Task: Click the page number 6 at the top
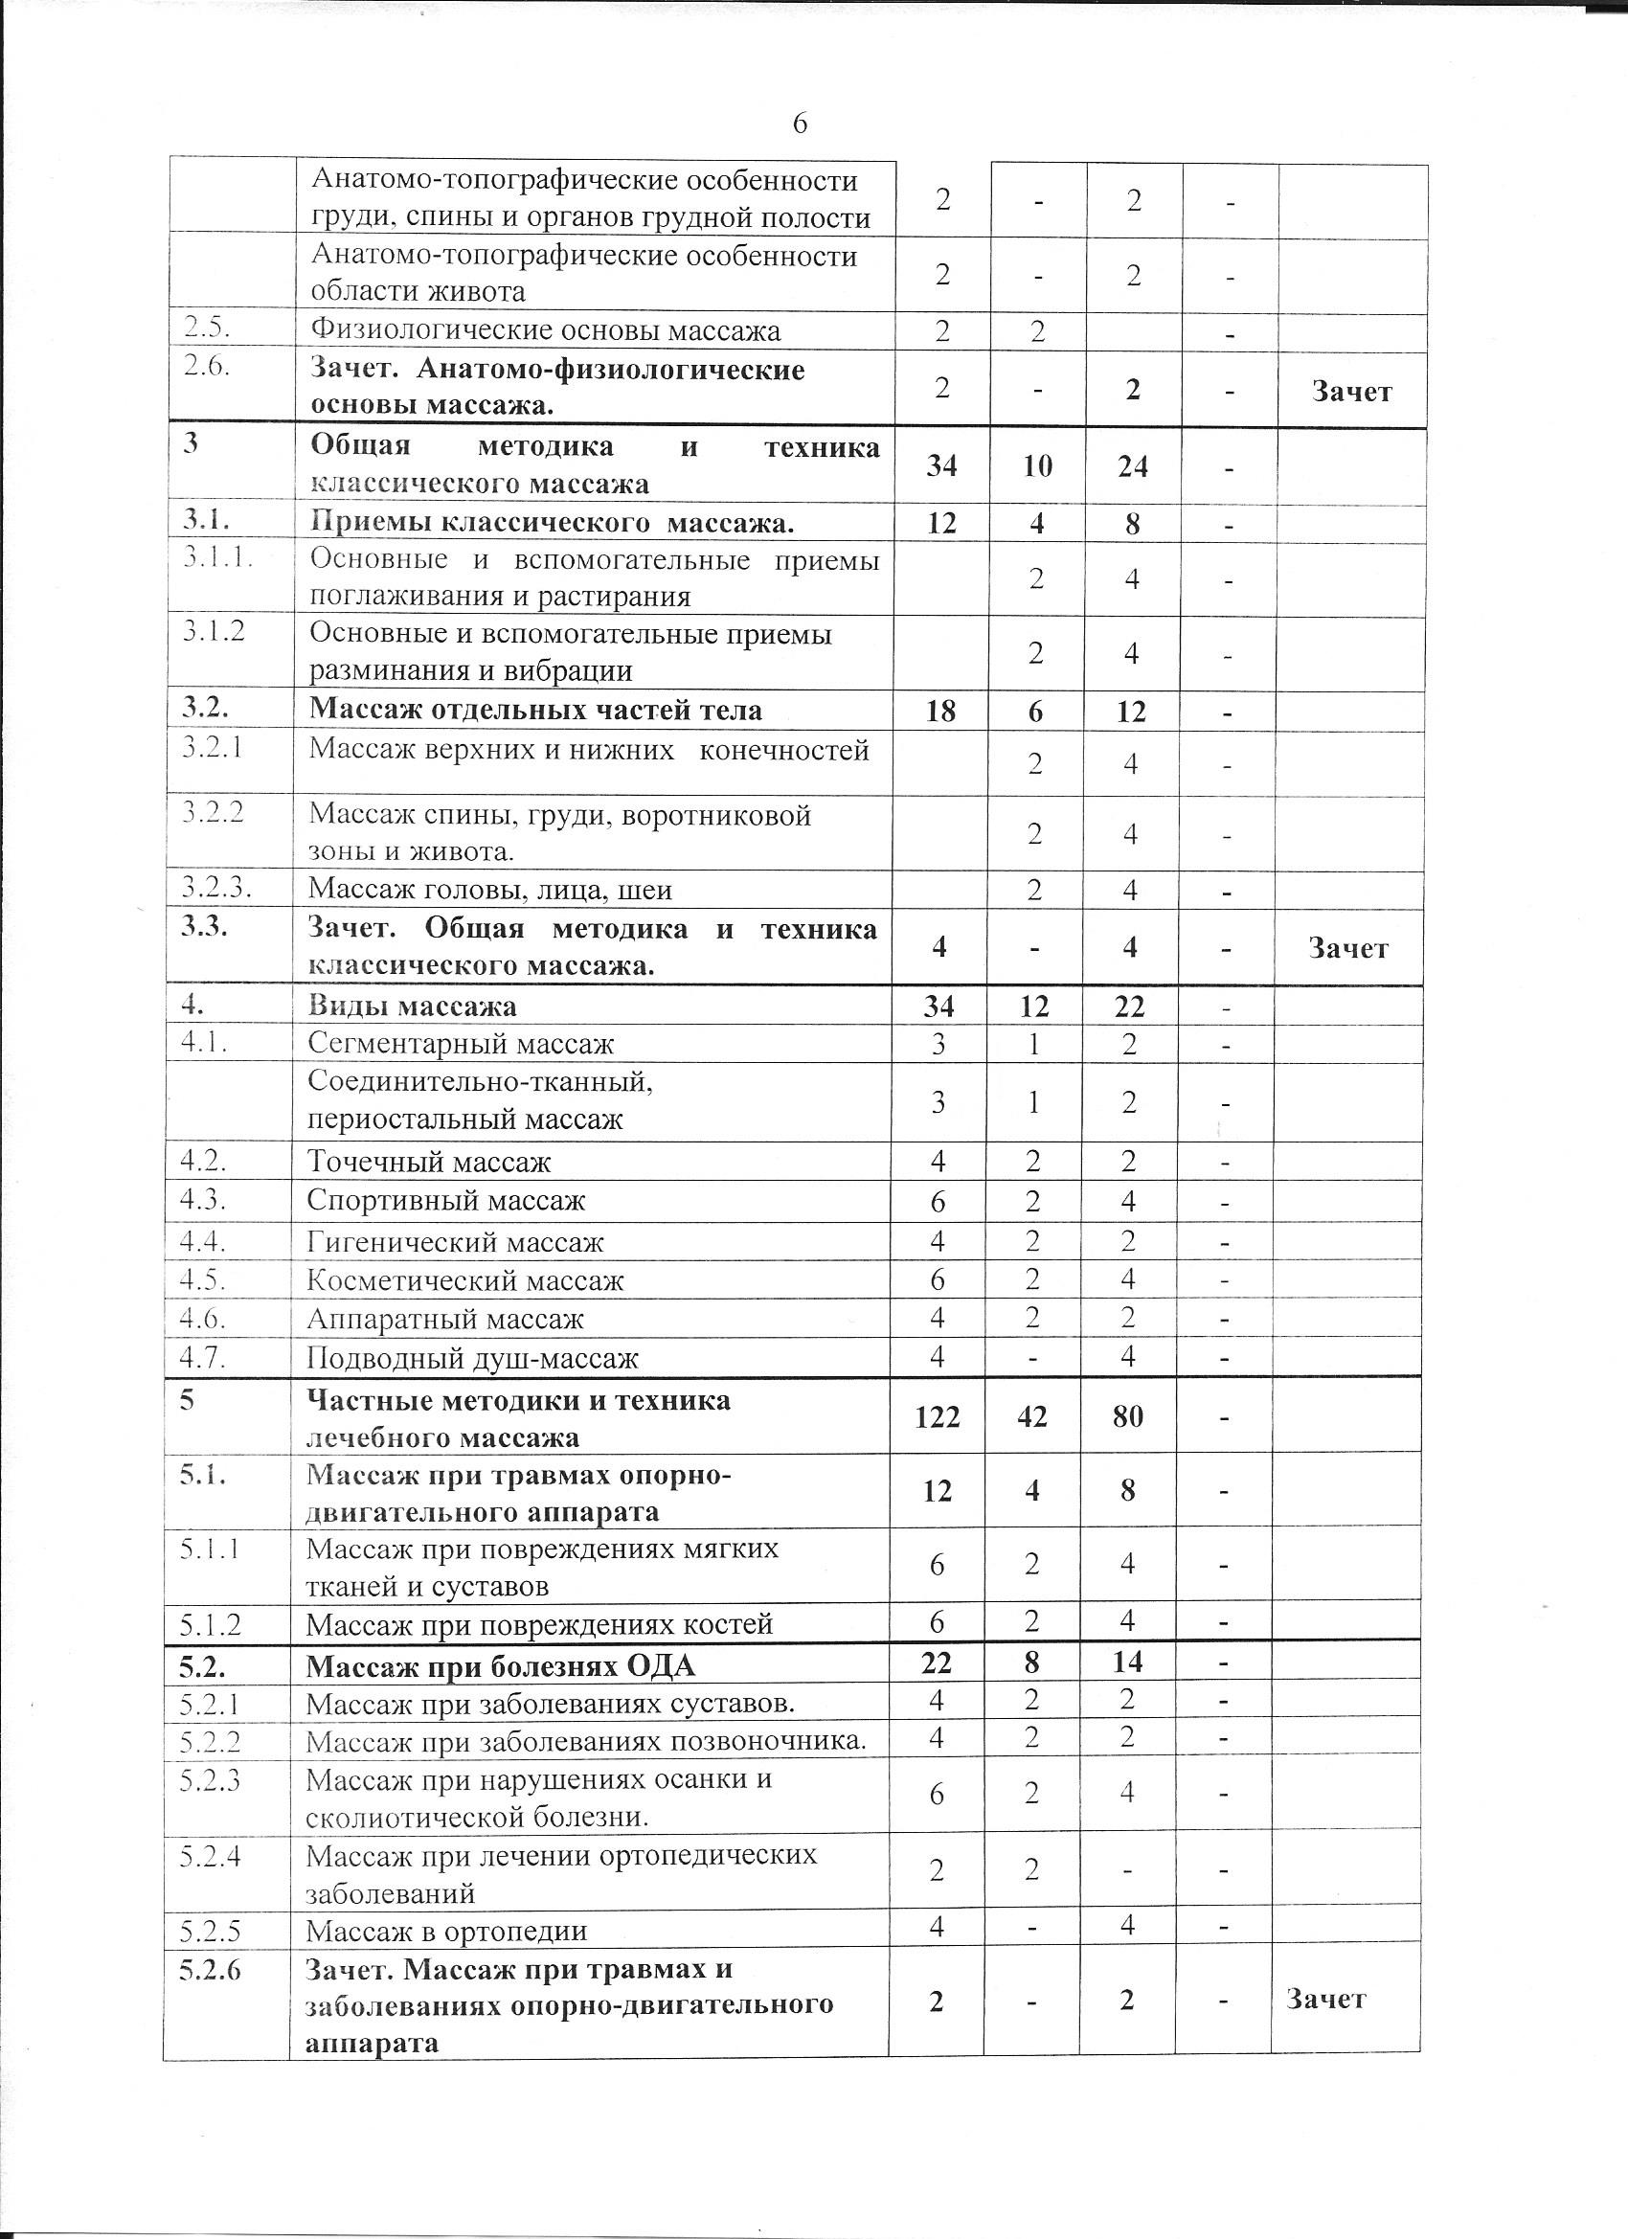point(800,124)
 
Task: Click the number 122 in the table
point(937,1417)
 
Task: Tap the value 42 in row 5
point(1031,1417)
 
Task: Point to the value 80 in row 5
point(1127,1417)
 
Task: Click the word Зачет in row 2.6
point(1351,392)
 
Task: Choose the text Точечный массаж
point(428,1162)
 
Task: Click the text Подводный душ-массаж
point(473,1358)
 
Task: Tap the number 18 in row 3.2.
point(940,711)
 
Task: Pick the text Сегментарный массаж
point(460,1044)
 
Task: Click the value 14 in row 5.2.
point(1127,1662)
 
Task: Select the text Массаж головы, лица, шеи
point(489,891)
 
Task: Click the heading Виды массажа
point(412,1006)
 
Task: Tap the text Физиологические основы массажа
point(545,330)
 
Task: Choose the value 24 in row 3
point(1132,466)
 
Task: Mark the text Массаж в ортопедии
point(446,1931)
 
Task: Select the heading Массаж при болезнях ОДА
point(501,1666)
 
